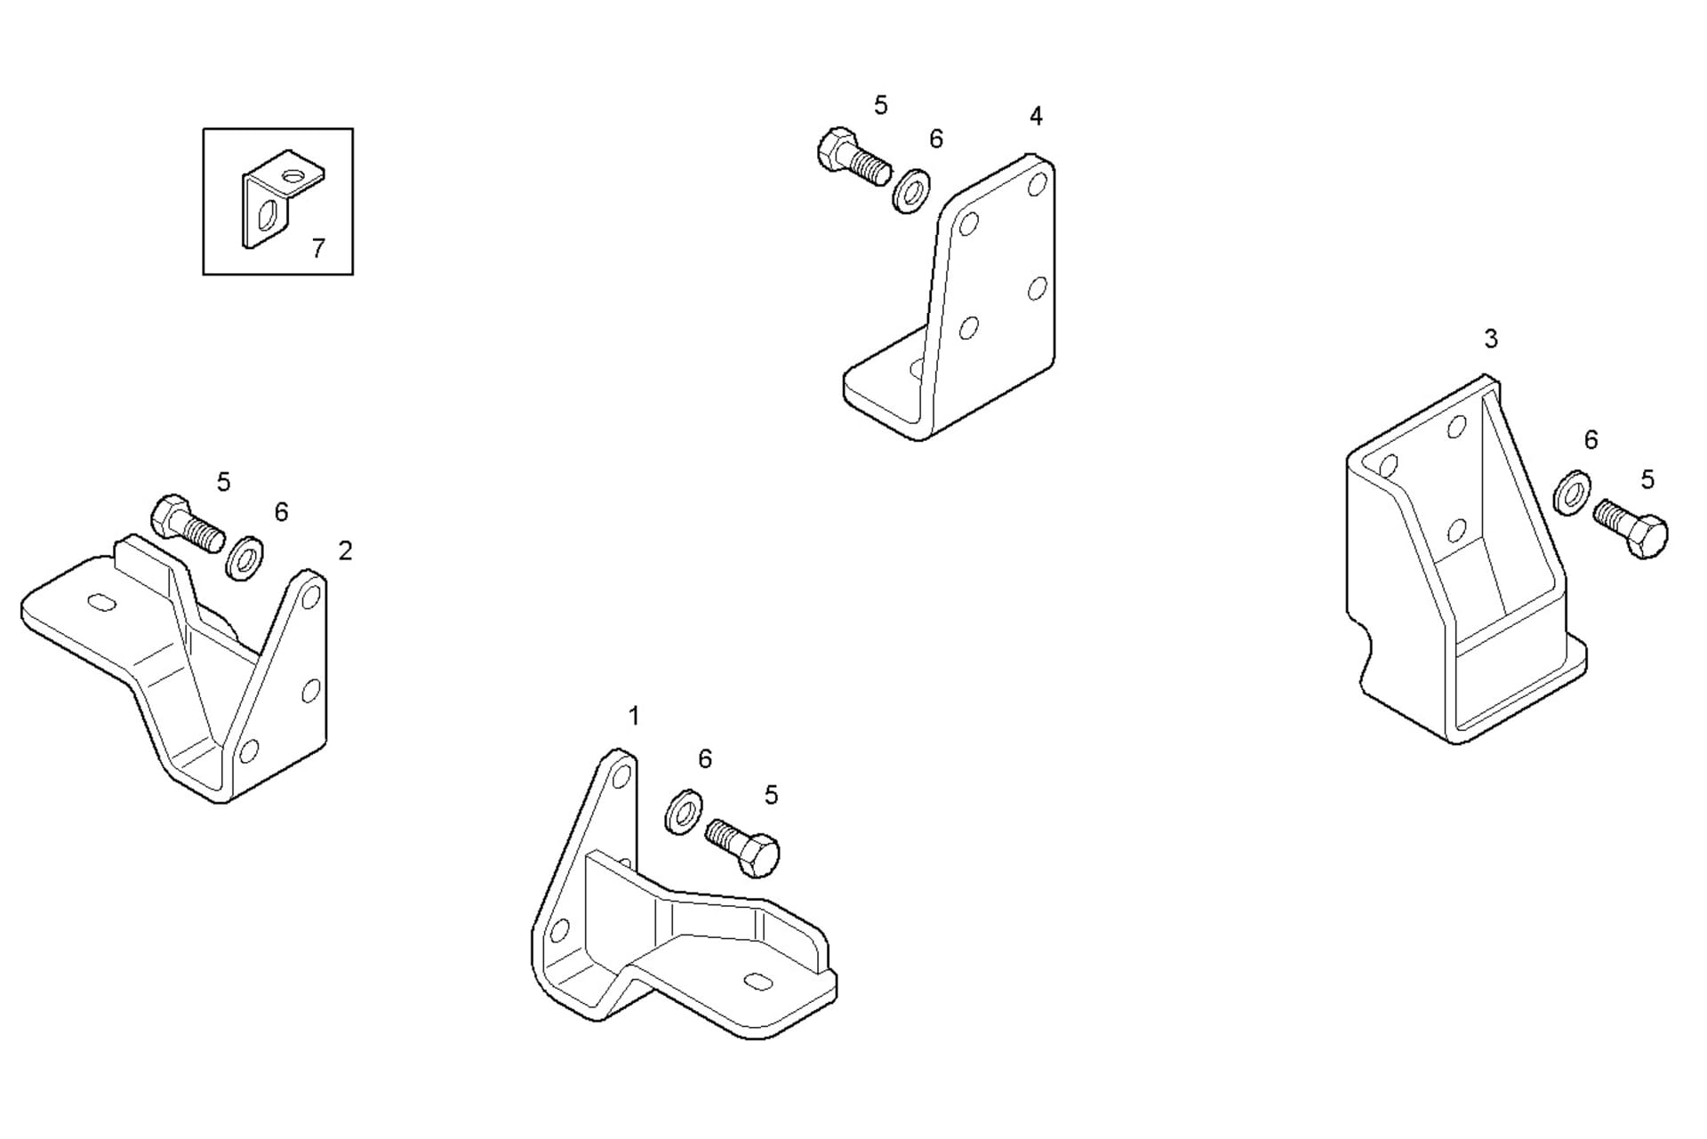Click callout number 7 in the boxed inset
click(318, 248)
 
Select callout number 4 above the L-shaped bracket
click(1036, 116)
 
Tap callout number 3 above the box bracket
click(1491, 339)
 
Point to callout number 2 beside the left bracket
click(345, 551)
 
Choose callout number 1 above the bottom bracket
click(634, 716)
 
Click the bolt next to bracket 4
click(852, 157)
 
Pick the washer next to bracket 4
click(911, 190)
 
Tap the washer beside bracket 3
click(1572, 492)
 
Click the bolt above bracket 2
click(187, 525)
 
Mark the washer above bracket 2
click(244, 559)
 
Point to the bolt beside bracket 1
click(743, 846)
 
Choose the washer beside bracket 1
click(683, 810)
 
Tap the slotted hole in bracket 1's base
click(758, 981)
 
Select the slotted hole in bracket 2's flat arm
click(102, 602)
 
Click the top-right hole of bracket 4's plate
click(1037, 185)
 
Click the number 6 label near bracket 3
click(1591, 440)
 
